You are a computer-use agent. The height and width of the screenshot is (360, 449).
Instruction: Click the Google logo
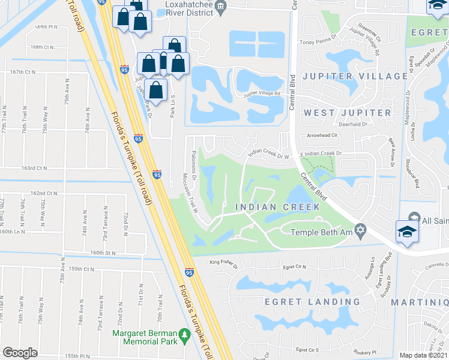[20, 352]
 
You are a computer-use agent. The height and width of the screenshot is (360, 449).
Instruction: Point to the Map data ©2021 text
[424, 355]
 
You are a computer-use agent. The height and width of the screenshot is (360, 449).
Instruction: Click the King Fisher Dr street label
[224, 262]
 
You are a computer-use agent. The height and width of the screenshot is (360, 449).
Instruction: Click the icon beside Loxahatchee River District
[220, 7]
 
